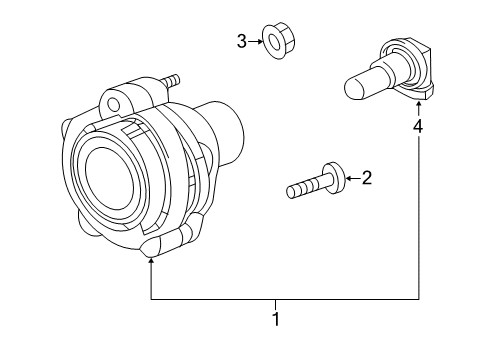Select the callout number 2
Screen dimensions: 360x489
(366, 179)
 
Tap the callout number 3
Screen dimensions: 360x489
(241, 41)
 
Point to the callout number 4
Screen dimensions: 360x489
(419, 127)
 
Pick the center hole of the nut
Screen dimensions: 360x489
(272, 42)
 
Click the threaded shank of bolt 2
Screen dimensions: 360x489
(304, 187)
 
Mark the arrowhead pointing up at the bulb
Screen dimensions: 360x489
(419, 108)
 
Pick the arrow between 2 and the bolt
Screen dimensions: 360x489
(349, 180)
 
